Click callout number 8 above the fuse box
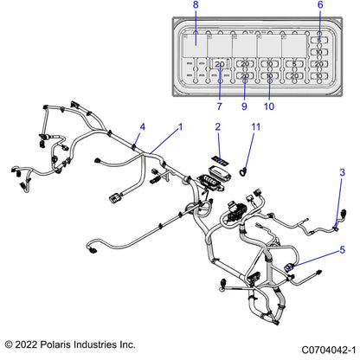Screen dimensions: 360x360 (195, 6)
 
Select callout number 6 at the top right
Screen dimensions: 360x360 (319, 6)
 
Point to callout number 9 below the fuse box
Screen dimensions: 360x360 (244, 106)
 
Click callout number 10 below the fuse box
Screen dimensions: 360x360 (269, 106)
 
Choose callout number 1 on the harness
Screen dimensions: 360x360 (180, 127)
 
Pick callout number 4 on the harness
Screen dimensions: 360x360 (143, 127)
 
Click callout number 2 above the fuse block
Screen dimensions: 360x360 (218, 127)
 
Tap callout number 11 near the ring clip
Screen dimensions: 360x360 (255, 127)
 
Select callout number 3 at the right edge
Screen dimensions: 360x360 (342, 173)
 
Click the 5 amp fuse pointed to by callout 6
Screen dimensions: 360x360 (319, 40)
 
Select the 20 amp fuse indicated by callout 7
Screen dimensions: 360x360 (220, 64)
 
